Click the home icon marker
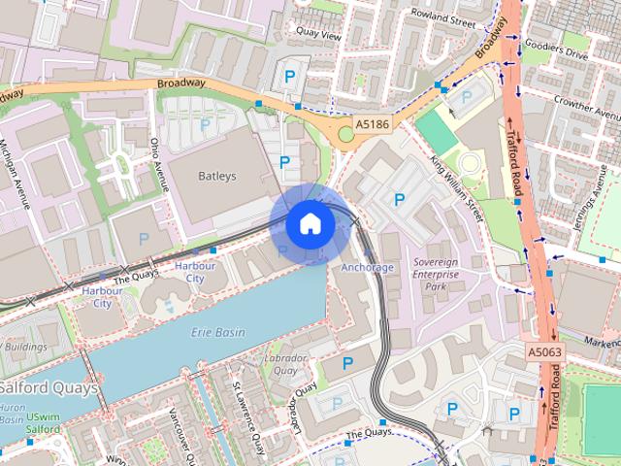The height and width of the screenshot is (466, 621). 310,223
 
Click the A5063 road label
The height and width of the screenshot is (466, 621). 546,351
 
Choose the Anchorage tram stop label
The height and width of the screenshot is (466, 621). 368,267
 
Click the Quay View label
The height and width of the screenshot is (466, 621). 324,36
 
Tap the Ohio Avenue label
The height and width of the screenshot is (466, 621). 155,160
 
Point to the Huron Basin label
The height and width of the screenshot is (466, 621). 13,416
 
